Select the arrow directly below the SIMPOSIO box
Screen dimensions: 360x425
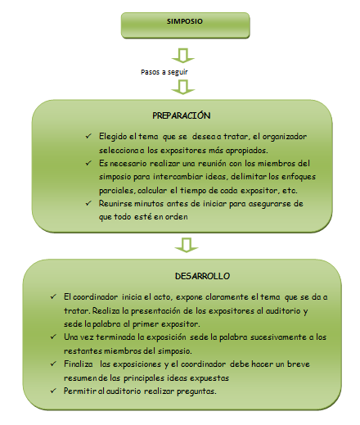(x=182, y=57)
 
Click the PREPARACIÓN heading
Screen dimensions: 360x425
(x=182, y=115)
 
